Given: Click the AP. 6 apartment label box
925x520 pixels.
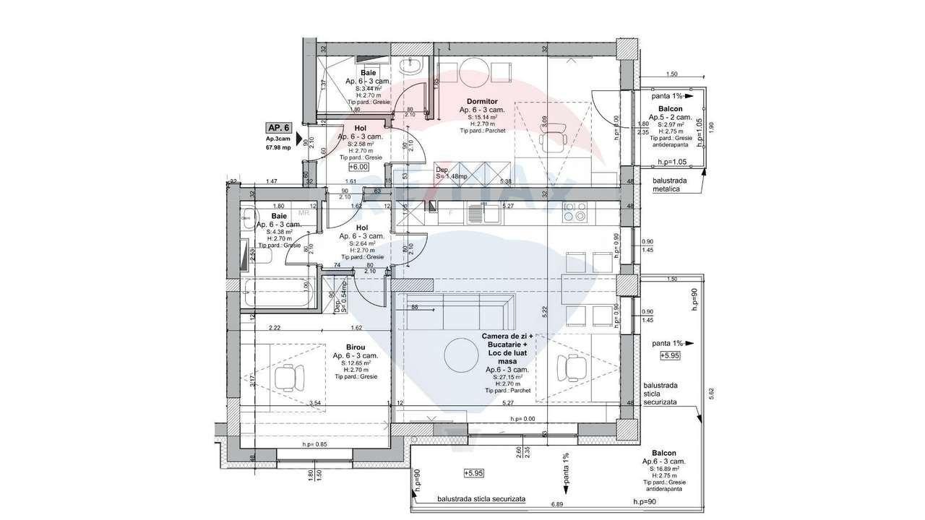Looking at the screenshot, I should point(278,127).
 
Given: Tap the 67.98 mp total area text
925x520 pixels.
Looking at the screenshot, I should point(278,148).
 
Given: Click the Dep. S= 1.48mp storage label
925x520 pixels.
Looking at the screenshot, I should point(451,173).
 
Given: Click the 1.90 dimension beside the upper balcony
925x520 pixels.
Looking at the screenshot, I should point(711,126).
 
